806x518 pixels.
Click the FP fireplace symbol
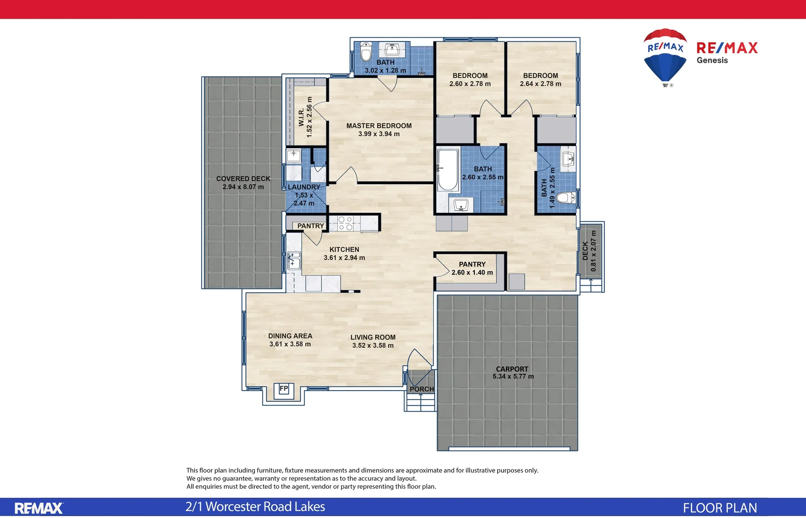(x=284, y=388)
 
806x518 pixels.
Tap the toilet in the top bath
(x=366, y=52)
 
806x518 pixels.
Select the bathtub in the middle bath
(x=447, y=170)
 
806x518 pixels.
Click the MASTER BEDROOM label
(x=379, y=126)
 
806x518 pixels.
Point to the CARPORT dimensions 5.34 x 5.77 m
(x=513, y=377)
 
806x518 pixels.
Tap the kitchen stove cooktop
(x=345, y=224)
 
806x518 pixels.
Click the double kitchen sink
(x=294, y=260)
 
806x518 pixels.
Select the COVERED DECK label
(x=243, y=178)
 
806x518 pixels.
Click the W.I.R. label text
(x=301, y=118)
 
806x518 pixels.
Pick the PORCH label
(x=422, y=389)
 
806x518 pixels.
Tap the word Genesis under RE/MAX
(x=712, y=60)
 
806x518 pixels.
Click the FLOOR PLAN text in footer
(x=720, y=508)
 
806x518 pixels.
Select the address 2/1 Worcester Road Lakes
(x=255, y=507)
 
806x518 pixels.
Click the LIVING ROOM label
(x=373, y=337)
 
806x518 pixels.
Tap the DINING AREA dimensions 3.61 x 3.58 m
(x=290, y=344)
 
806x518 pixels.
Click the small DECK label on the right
(x=585, y=251)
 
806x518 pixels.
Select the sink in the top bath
(x=392, y=49)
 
